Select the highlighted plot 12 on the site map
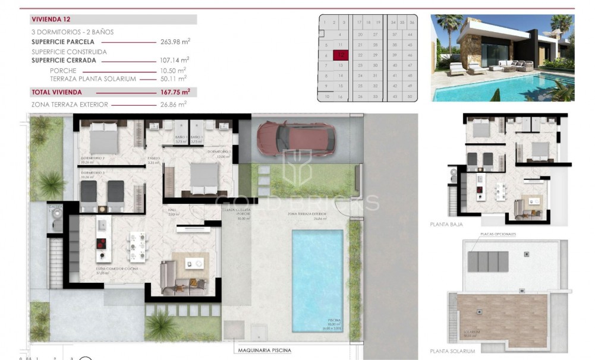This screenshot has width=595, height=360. [341, 55]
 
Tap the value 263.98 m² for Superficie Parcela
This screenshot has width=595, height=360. [175, 42]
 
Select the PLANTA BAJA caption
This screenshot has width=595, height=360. [446, 225]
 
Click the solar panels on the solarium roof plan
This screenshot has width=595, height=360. [488, 261]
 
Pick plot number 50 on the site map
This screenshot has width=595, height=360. [410, 96]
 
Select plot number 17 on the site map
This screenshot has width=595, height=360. [359, 22]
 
